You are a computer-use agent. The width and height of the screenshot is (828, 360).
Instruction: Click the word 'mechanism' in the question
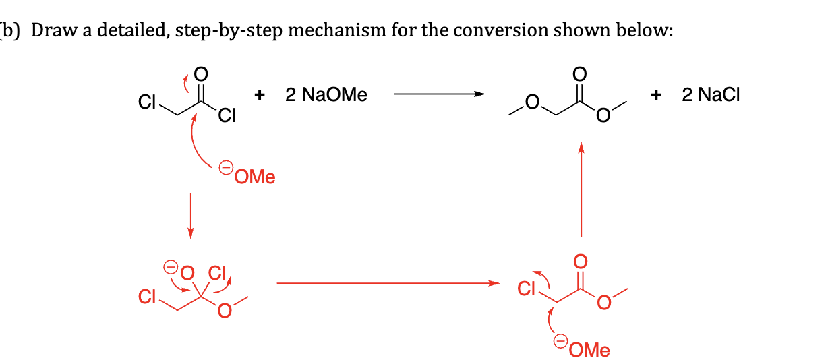(336, 30)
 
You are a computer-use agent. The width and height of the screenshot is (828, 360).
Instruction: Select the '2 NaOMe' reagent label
(326, 94)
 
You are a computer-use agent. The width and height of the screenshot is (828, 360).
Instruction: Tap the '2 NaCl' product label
(711, 94)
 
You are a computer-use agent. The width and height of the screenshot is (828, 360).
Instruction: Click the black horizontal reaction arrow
(440, 94)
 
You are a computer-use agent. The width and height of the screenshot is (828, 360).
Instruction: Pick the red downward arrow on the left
(190, 216)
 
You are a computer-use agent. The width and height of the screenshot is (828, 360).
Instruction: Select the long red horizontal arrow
(388, 283)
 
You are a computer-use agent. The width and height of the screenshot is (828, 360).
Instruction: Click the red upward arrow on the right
(581, 189)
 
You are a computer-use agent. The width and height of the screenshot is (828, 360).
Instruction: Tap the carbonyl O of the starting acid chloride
(201, 74)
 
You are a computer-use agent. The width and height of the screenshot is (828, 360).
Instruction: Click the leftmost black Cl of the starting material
(147, 102)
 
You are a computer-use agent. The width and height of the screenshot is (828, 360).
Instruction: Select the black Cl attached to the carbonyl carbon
(227, 115)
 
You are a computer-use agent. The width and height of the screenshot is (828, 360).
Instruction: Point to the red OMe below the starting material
(255, 177)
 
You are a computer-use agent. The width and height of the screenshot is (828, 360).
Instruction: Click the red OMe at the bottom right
(589, 350)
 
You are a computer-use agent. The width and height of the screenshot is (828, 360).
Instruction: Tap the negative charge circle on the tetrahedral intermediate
(171, 266)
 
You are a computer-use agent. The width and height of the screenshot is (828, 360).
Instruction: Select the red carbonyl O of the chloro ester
(581, 262)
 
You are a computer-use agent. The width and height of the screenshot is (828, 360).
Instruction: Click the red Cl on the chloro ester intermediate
(526, 289)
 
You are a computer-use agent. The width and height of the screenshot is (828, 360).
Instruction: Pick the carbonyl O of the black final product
(579, 74)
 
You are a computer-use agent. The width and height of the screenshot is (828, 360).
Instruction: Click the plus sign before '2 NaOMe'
(260, 95)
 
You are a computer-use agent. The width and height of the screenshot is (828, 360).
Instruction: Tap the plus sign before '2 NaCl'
(656, 95)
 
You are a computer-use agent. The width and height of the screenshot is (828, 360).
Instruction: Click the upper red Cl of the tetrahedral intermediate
(216, 273)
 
